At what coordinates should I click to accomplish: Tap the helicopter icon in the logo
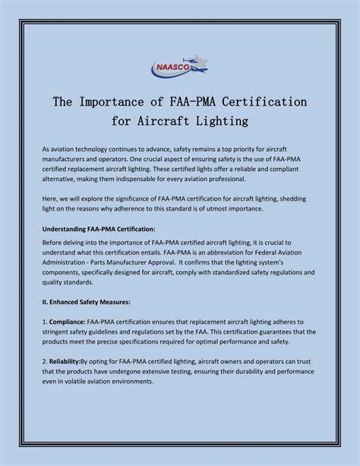click(x=195, y=61)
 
